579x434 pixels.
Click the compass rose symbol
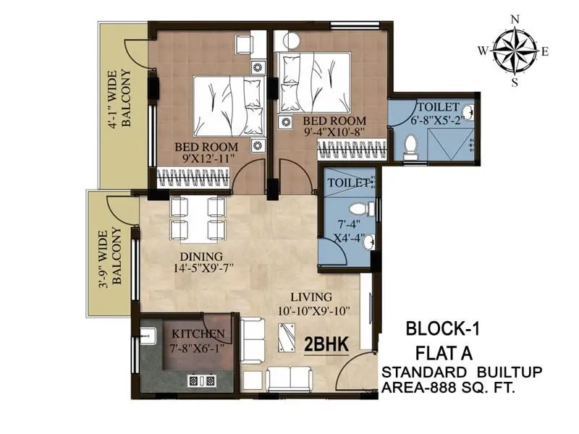pyautogui.click(x=515, y=51)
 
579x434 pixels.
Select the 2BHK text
pyautogui.click(x=327, y=344)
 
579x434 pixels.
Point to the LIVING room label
pyautogui.click(x=311, y=297)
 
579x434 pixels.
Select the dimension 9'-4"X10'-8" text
pyautogui.click(x=334, y=132)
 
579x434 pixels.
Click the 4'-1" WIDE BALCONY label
pyautogui.click(x=119, y=98)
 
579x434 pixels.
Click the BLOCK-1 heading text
pyautogui.click(x=442, y=331)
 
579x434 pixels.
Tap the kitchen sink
pyautogui.click(x=149, y=335)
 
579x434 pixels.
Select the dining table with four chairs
pyautogui.click(x=195, y=218)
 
